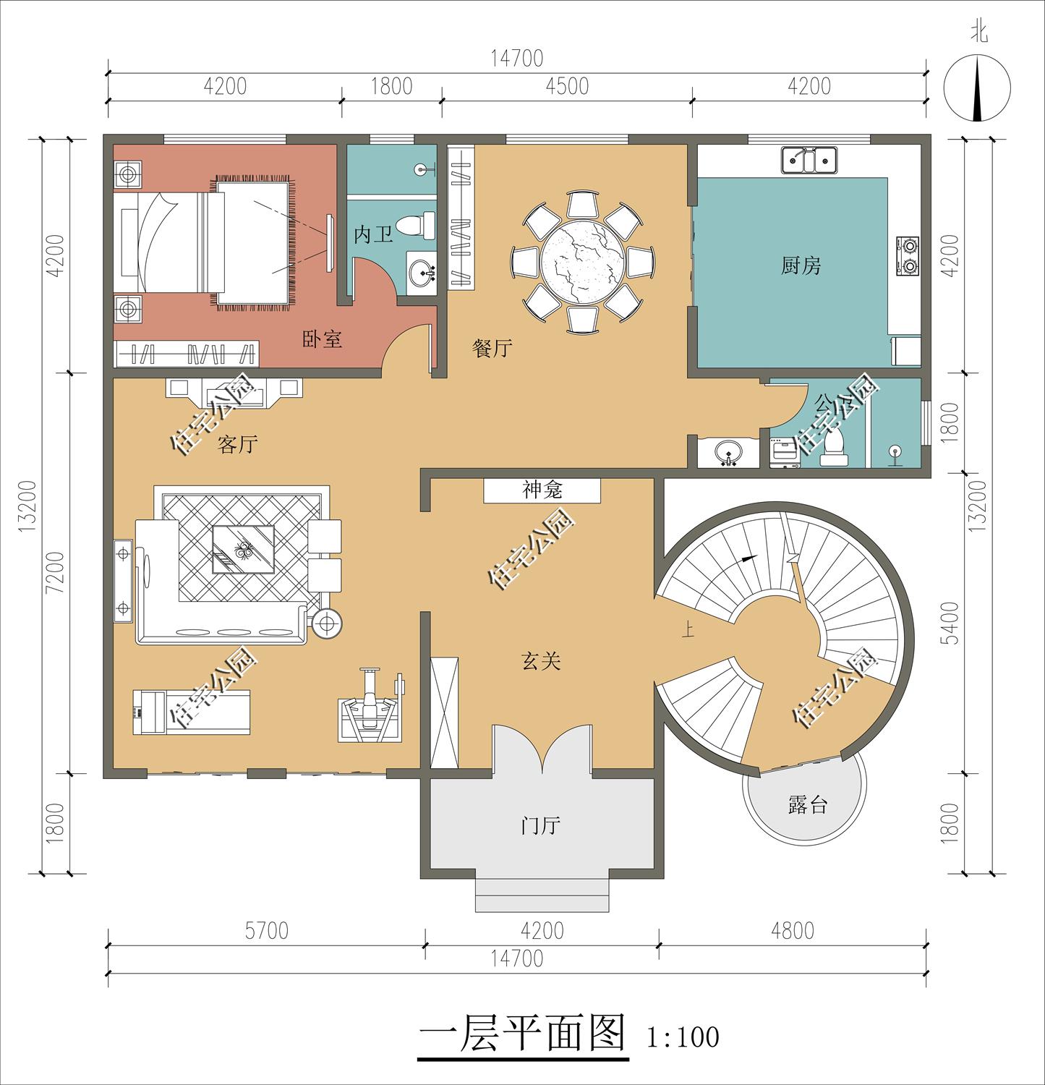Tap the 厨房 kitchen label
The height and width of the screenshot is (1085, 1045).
point(801,266)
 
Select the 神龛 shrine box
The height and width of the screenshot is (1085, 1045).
point(542,490)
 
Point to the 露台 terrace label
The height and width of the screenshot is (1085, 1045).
point(807,804)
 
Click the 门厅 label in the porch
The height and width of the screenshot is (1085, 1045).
point(541,825)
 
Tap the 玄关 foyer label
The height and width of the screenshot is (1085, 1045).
point(541,660)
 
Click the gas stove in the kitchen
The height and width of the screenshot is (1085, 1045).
point(908,255)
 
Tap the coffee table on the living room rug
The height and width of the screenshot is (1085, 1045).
point(243,549)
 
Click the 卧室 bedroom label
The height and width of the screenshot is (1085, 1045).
point(322,339)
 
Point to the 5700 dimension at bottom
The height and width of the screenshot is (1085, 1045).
point(266,930)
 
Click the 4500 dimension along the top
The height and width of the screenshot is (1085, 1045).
point(567,86)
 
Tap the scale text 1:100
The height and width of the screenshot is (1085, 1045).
point(683,1037)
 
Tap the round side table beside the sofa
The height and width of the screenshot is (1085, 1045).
point(327,624)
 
